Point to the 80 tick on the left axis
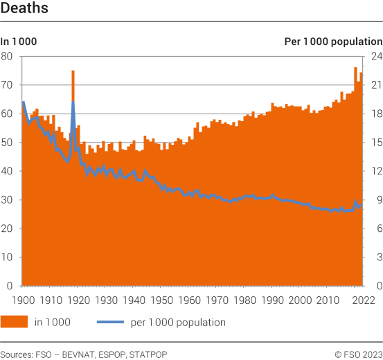[x=7, y=56]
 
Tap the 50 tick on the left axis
[x=7, y=142]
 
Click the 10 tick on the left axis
[x=7, y=257]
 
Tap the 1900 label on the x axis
[x=22, y=300]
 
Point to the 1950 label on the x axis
[x=161, y=300]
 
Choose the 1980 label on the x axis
[x=244, y=300]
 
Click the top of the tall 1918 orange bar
[x=73, y=71]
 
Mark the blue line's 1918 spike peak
[x=73, y=103]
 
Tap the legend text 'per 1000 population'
[x=177, y=322]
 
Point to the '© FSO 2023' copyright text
[x=359, y=354]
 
